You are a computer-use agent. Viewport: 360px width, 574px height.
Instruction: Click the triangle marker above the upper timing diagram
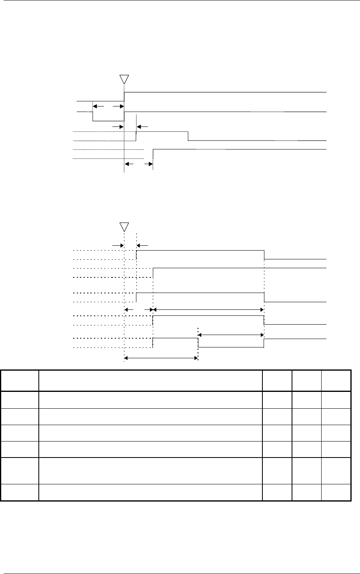(x=124, y=78)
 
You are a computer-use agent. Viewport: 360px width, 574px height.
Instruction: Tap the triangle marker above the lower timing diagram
(x=124, y=227)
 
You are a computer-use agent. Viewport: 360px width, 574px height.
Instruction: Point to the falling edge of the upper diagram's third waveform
(x=188, y=136)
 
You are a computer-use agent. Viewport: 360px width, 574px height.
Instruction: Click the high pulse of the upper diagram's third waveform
(x=162, y=131)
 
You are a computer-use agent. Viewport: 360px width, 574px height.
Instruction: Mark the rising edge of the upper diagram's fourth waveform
(x=153, y=154)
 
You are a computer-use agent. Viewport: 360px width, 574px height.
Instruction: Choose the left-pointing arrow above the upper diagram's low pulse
(x=96, y=106)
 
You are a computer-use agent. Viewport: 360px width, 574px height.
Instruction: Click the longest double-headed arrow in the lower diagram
(x=208, y=309)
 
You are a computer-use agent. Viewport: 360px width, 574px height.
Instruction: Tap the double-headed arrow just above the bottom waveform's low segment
(x=231, y=334)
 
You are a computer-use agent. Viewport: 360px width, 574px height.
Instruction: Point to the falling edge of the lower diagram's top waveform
(x=264, y=255)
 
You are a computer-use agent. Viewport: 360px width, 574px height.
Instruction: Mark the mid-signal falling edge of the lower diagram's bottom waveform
(x=198, y=343)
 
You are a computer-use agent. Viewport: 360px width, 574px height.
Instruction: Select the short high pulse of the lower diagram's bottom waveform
(x=175, y=338)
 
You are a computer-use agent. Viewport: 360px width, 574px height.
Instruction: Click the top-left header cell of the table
(x=20, y=380)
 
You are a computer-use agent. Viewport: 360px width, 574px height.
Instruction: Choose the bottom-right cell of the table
(x=336, y=493)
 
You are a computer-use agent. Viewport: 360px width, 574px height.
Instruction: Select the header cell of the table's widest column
(x=150, y=380)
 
